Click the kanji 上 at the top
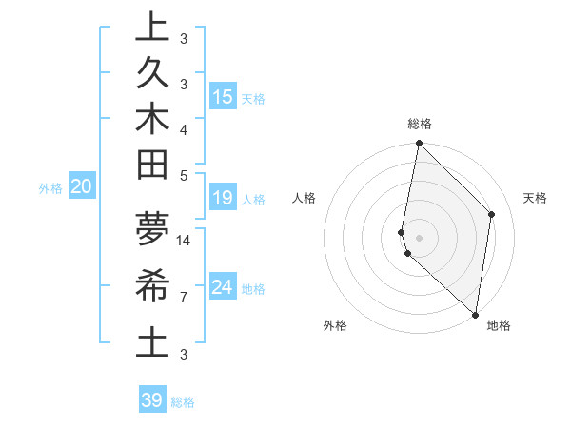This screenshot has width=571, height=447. coord(151,28)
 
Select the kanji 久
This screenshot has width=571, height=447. coord(151,74)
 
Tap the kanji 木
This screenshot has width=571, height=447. coord(151,121)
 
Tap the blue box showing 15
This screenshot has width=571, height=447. coord(222,96)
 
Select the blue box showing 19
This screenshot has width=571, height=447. coord(222,198)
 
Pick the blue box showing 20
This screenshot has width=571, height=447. coord(82,186)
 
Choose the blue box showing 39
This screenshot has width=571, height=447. coord(152,400)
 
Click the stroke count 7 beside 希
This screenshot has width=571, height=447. coord(184,297)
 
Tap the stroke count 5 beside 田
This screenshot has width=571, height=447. coord(184,175)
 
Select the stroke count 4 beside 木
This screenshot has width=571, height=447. coord(184,128)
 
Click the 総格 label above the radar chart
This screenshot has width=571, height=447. coord(419,124)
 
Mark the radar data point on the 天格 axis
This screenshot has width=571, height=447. coord(492,214)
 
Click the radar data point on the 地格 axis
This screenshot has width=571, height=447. coord(475,314)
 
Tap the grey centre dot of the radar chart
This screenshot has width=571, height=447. coord(419,237)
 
